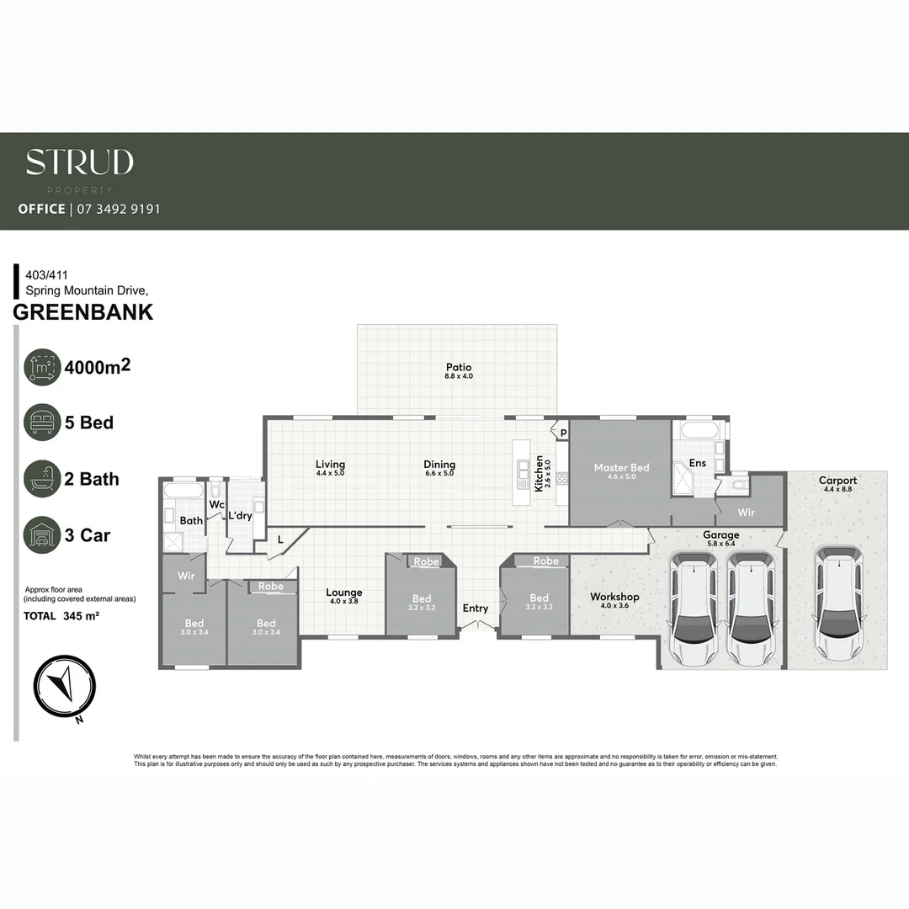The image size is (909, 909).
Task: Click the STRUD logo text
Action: (x=79, y=162)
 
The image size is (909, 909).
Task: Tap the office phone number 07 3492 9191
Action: (x=118, y=209)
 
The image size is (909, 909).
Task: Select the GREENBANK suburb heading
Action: (x=83, y=312)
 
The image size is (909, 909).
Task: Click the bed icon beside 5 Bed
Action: (x=42, y=423)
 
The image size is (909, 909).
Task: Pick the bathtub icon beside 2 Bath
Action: (x=42, y=479)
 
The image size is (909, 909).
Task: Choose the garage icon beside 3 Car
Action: (x=42, y=535)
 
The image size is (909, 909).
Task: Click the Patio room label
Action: (x=459, y=367)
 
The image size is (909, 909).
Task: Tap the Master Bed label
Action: (x=621, y=468)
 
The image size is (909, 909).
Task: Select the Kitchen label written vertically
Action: (x=540, y=474)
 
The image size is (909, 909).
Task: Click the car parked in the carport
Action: (x=837, y=604)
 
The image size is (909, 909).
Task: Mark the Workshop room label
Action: (x=614, y=597)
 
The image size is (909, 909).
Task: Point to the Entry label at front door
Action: (x=475, y=609)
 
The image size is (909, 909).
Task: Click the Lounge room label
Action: (x=343, y=593)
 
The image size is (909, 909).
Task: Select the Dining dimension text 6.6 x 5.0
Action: (x=439, y=474)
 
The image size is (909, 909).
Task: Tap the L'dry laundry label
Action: (x=240, y=514)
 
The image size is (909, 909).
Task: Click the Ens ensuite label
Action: (x=697, y=463)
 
